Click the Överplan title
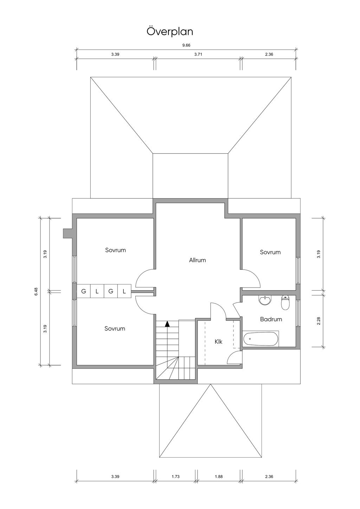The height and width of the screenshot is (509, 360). click(170, 31)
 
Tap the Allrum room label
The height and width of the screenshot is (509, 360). click(198, 260)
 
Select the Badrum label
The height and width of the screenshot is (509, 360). click(271, 319)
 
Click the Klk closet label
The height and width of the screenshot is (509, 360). click(218, 342)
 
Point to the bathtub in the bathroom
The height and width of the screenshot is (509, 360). click(261, 339)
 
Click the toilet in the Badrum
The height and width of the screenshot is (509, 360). click(285, 302)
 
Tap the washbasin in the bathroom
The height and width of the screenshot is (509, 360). click(265, 300)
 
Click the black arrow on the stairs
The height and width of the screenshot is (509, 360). click(167, 324)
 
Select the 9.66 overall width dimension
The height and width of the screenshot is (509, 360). click(186, 45)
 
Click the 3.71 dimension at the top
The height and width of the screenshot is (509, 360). click(198, 54)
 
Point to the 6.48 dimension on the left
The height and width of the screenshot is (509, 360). click(36, 292)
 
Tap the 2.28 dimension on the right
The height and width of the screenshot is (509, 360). click(319, 321)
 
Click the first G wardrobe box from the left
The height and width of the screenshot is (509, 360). click(84, 291)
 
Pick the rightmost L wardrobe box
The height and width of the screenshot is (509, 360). click(124, 291)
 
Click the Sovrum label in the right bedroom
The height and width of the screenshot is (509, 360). click(270, 252)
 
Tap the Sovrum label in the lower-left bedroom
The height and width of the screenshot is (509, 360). click(115, 329)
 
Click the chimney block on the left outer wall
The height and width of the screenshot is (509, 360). click(67, 233)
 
